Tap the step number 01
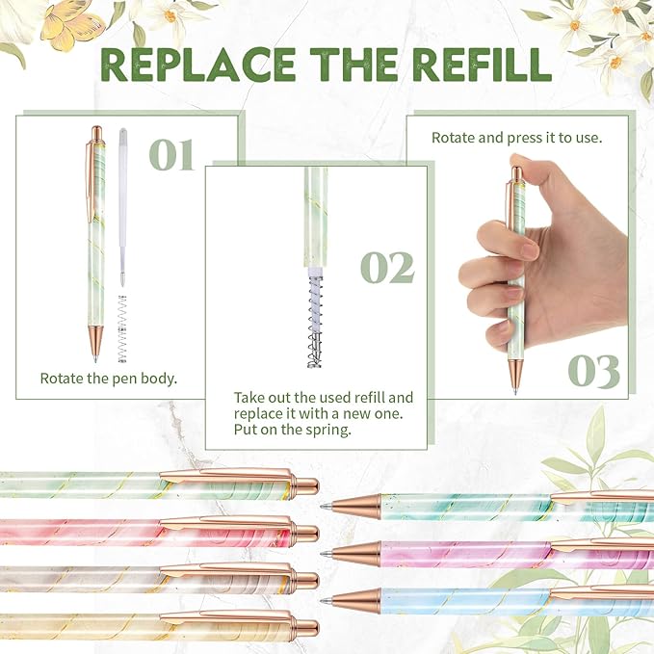pyautogui.click(x=172, y=155)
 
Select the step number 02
pyautogui.click(x=386, y=268)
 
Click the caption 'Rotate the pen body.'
pyautogui.click(x=107, y=379)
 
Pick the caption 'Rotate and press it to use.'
pyautogui.click(x=516, y=138)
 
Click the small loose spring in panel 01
pyautogui.click(x=122, y=328)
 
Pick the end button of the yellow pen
pyautogui.click(x=307, y=628)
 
